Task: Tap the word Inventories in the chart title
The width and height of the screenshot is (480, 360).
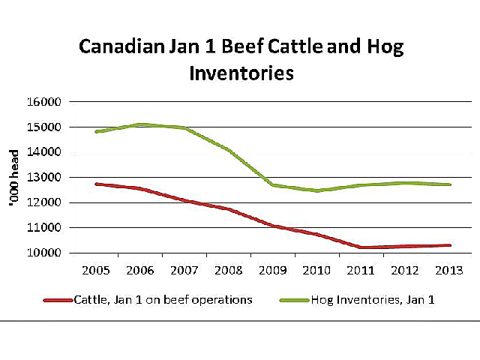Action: point(241,74)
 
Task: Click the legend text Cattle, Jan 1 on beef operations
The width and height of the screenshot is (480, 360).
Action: point(163,300)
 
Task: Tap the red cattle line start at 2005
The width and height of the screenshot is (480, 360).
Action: point(97,184)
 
